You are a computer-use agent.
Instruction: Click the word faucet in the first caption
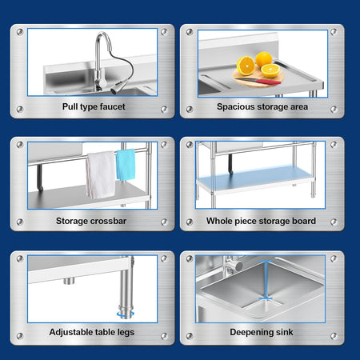coord(113,106)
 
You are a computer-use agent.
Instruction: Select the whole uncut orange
coord(264,59)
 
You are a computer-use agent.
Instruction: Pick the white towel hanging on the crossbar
coord(101,175)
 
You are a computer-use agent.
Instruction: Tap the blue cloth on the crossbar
coord(126,165)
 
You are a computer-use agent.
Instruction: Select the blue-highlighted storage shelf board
coord(254,178)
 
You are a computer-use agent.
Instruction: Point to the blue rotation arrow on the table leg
coord(126,314)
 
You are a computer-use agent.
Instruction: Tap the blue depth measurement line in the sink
coord(266,280)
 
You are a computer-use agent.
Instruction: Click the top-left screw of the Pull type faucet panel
coord(20,32)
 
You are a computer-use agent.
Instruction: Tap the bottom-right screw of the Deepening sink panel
coord(334,336)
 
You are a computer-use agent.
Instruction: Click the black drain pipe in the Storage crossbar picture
coord(40,178)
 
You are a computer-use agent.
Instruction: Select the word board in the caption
coord(304,221)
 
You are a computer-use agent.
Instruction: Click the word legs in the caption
coord(126,333)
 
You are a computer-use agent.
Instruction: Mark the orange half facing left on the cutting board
coord(246,66)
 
